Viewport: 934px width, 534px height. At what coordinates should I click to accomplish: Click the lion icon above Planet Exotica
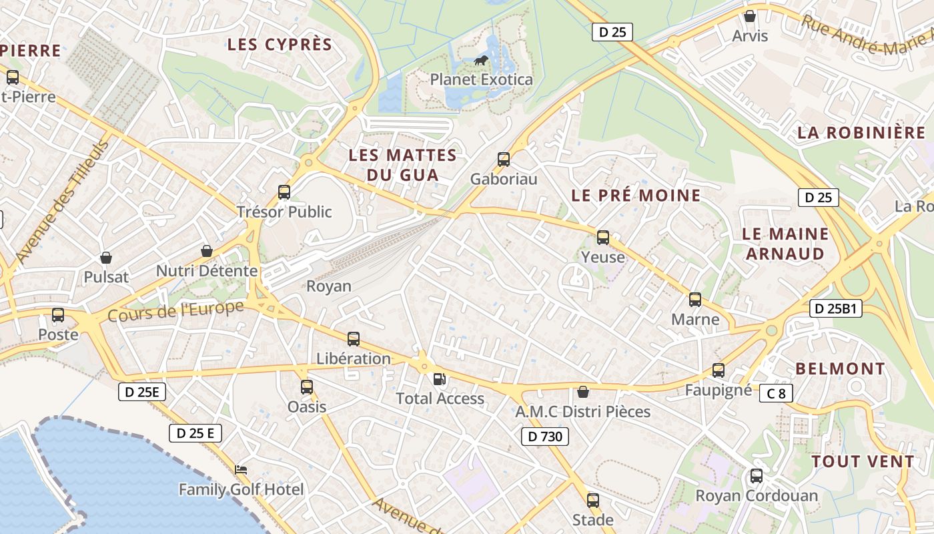coord(480,61)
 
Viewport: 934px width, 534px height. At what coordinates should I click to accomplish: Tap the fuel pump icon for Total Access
coord(439,379)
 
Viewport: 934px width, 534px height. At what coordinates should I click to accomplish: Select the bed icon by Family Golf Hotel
coord(241,470)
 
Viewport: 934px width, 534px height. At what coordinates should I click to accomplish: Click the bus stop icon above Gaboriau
coord(504,160)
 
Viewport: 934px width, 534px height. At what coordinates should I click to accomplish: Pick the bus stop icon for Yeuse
coord(603,238)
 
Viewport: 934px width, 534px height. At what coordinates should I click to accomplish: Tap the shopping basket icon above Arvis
coord(750,16)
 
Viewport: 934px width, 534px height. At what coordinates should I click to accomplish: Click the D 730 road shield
coord(545,437)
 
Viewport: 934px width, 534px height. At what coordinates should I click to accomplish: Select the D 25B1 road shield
coord(836,308)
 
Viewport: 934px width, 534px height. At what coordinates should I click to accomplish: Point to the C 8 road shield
coord(776,393)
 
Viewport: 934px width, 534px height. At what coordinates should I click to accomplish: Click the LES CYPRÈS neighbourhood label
coord(280,45)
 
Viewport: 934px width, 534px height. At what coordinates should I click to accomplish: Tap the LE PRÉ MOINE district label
coord(636,196)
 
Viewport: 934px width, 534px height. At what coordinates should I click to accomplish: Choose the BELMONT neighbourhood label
coord(840,368)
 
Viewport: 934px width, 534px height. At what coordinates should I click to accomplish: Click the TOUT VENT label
coord(863,461)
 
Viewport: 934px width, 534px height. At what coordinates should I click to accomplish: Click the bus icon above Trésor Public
coord(284,192)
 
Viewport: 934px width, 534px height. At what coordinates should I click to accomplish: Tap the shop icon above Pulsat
coord(105,258)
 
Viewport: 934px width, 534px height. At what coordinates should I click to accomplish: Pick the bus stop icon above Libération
coord(354,339)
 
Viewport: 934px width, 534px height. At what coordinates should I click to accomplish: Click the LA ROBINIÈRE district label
coord(861,132)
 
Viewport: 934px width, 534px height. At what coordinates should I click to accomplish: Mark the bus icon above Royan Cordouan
coord(756,476)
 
